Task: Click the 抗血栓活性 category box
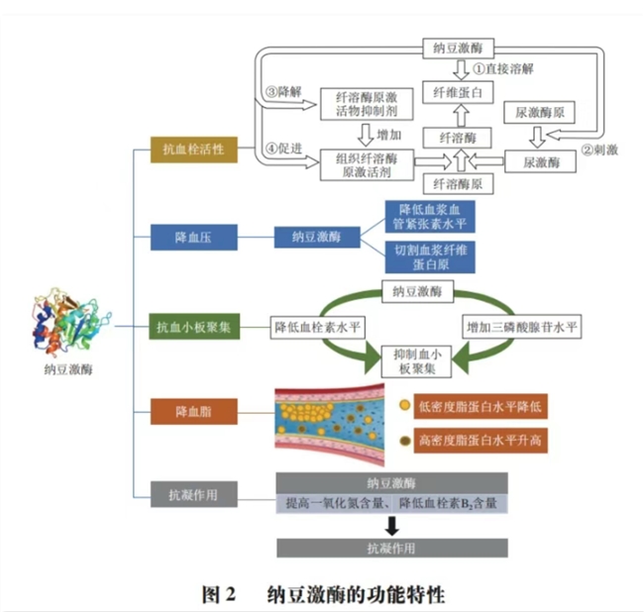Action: pos(193,150)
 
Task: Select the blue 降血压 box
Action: pos(193,238)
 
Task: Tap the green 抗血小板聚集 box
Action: pos(193,325)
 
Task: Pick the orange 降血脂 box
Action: pos(193,408)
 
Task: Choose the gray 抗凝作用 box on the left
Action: pos(193,492)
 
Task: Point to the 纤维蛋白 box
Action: pos(458,92)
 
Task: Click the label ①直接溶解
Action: pos(505,69)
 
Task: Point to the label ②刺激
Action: pos(599,151)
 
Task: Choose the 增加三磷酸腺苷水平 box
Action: pos(525,326)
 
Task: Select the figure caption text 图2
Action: pos(216,594)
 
